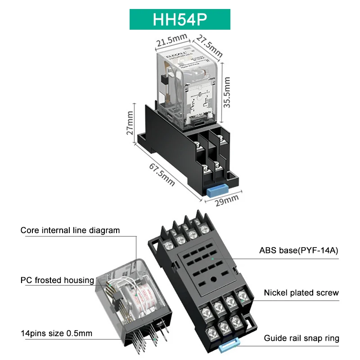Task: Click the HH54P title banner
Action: pos(180,19)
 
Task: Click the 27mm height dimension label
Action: pos(130,124)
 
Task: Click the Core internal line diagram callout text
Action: pos(70,230)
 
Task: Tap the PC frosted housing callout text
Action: pos(57,280)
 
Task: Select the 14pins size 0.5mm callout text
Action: pos(56,333)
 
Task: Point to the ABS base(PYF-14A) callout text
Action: pos(297,250)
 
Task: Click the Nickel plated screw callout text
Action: pos(301,293)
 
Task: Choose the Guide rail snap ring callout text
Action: pos(301,338)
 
